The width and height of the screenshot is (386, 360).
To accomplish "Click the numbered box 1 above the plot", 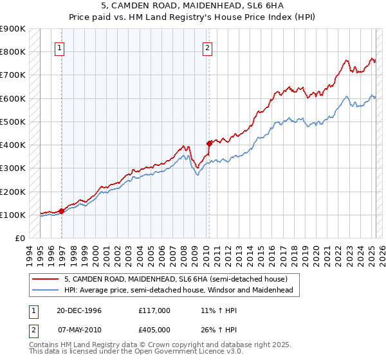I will pos(59,47).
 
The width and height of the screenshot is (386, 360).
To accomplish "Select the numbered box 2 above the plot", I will pos(207,47).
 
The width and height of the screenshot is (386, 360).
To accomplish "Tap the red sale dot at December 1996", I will pos(62,210).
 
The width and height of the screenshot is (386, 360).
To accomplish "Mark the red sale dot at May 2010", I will pos(209,143).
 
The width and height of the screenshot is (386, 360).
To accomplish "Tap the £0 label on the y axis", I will pos(20,239).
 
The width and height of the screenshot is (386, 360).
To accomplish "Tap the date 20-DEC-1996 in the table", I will pos(79,310).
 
